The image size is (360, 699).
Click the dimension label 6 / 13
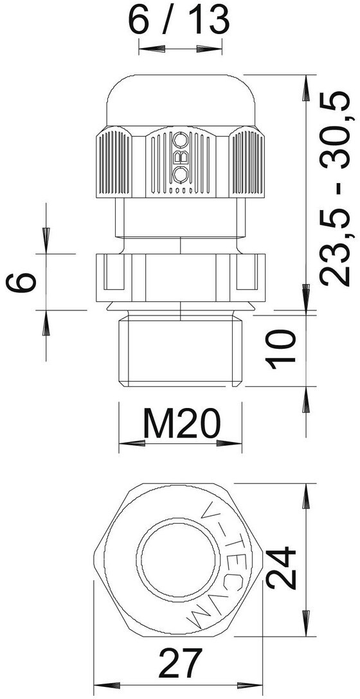click(179, 21)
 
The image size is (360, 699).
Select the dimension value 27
click(180, 663)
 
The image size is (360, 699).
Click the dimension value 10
click(281, 349)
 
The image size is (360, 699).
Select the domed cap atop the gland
click(181, 101)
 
